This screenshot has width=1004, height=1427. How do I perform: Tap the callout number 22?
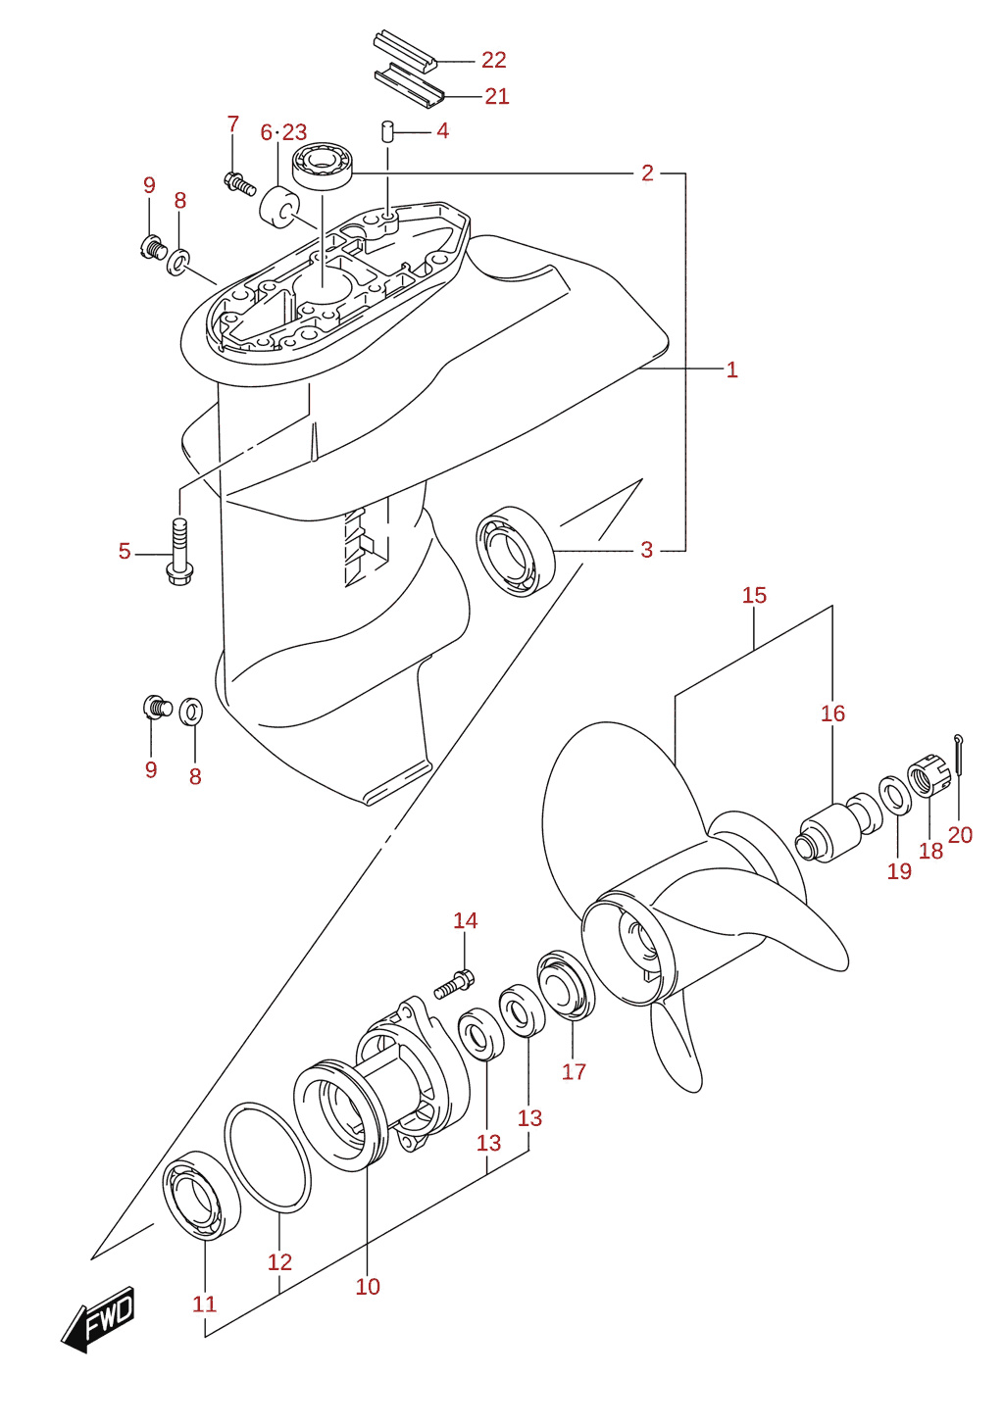click(493, 60)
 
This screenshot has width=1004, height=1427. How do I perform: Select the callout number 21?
click(496, 96)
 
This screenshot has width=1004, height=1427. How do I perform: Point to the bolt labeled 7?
click(239, 182)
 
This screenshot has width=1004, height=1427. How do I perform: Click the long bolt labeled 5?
click(179, 552)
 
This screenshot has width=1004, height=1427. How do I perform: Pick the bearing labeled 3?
click(515, 551)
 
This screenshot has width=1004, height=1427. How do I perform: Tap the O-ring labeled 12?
click(268, 1157)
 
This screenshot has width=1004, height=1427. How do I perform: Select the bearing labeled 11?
click(201, 1197)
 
